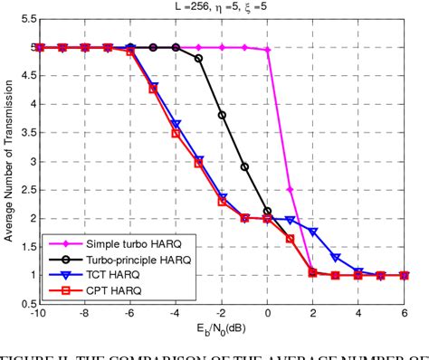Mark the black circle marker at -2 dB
(x=222, y=115)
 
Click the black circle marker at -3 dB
(x=199, y=58)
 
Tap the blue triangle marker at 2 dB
(x=313, y=232)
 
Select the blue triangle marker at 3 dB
(x=336, y=258)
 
